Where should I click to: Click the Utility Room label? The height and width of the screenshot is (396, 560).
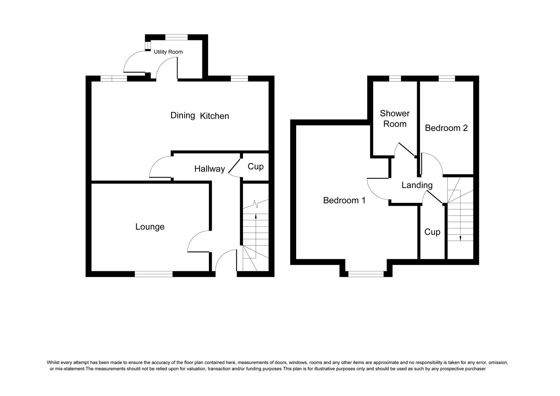tap(168, 52)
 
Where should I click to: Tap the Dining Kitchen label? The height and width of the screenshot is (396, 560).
tap(199, 116)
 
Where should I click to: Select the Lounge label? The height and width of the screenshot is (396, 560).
tap(150, 227)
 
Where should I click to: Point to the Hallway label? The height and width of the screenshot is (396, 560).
tap(209, 169)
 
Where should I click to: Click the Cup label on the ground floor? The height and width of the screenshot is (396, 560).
tap(255, 167)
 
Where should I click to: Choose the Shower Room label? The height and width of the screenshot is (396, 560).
tap(395, 119)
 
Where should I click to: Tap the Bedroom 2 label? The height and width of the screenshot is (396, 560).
tap(446, 128)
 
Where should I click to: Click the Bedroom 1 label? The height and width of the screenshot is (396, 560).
tap(344, 201)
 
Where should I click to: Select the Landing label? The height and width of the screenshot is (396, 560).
tap(417, 186)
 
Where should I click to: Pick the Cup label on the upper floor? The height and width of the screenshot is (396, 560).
tap(432, 232)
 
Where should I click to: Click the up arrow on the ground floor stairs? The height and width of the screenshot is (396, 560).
tap(255, 216)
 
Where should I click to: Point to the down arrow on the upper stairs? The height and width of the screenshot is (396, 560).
tap(460, 238)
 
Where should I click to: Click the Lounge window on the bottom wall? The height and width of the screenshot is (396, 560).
tap(154, 274)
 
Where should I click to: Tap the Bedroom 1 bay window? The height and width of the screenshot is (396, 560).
tap(366, 274)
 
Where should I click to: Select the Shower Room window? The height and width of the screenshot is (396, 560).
tap(395, 78)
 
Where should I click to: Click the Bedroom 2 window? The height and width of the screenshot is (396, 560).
tap(446, 78)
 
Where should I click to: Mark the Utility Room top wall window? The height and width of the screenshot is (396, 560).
tap(176, 37)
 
